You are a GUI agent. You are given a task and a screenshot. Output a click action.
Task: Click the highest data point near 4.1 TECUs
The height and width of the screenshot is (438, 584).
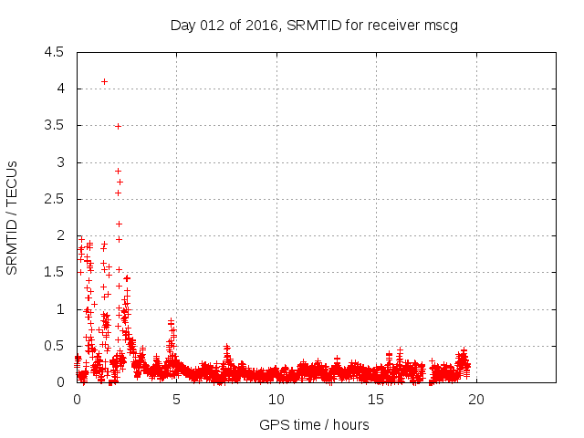coord(104,81)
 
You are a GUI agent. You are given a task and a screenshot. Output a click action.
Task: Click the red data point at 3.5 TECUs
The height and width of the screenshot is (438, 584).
coord(118,126)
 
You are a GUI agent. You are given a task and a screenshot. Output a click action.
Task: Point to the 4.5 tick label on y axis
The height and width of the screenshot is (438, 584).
coord(54,52)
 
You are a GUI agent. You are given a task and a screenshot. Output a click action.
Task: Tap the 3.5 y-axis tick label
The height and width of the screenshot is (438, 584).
coord(54,126)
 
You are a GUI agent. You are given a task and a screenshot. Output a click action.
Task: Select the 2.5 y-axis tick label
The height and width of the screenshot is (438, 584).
coord(54,199)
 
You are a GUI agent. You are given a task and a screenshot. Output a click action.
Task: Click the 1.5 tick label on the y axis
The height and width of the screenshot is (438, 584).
coord(54,273)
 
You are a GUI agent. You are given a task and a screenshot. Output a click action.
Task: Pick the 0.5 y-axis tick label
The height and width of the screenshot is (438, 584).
coord(54,346)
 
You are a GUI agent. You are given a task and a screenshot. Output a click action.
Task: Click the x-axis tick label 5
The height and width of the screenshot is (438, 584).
coord(176,399)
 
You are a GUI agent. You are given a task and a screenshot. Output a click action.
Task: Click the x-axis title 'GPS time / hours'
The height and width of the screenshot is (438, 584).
coord(314,424)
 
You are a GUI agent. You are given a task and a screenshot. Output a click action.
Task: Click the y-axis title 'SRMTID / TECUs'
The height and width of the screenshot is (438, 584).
coord(13,217)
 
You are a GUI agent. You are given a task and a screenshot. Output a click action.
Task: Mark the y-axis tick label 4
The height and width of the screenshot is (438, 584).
coord(60,89)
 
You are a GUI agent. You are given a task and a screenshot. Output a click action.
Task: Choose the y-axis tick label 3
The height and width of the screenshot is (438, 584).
coord(60,162)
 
